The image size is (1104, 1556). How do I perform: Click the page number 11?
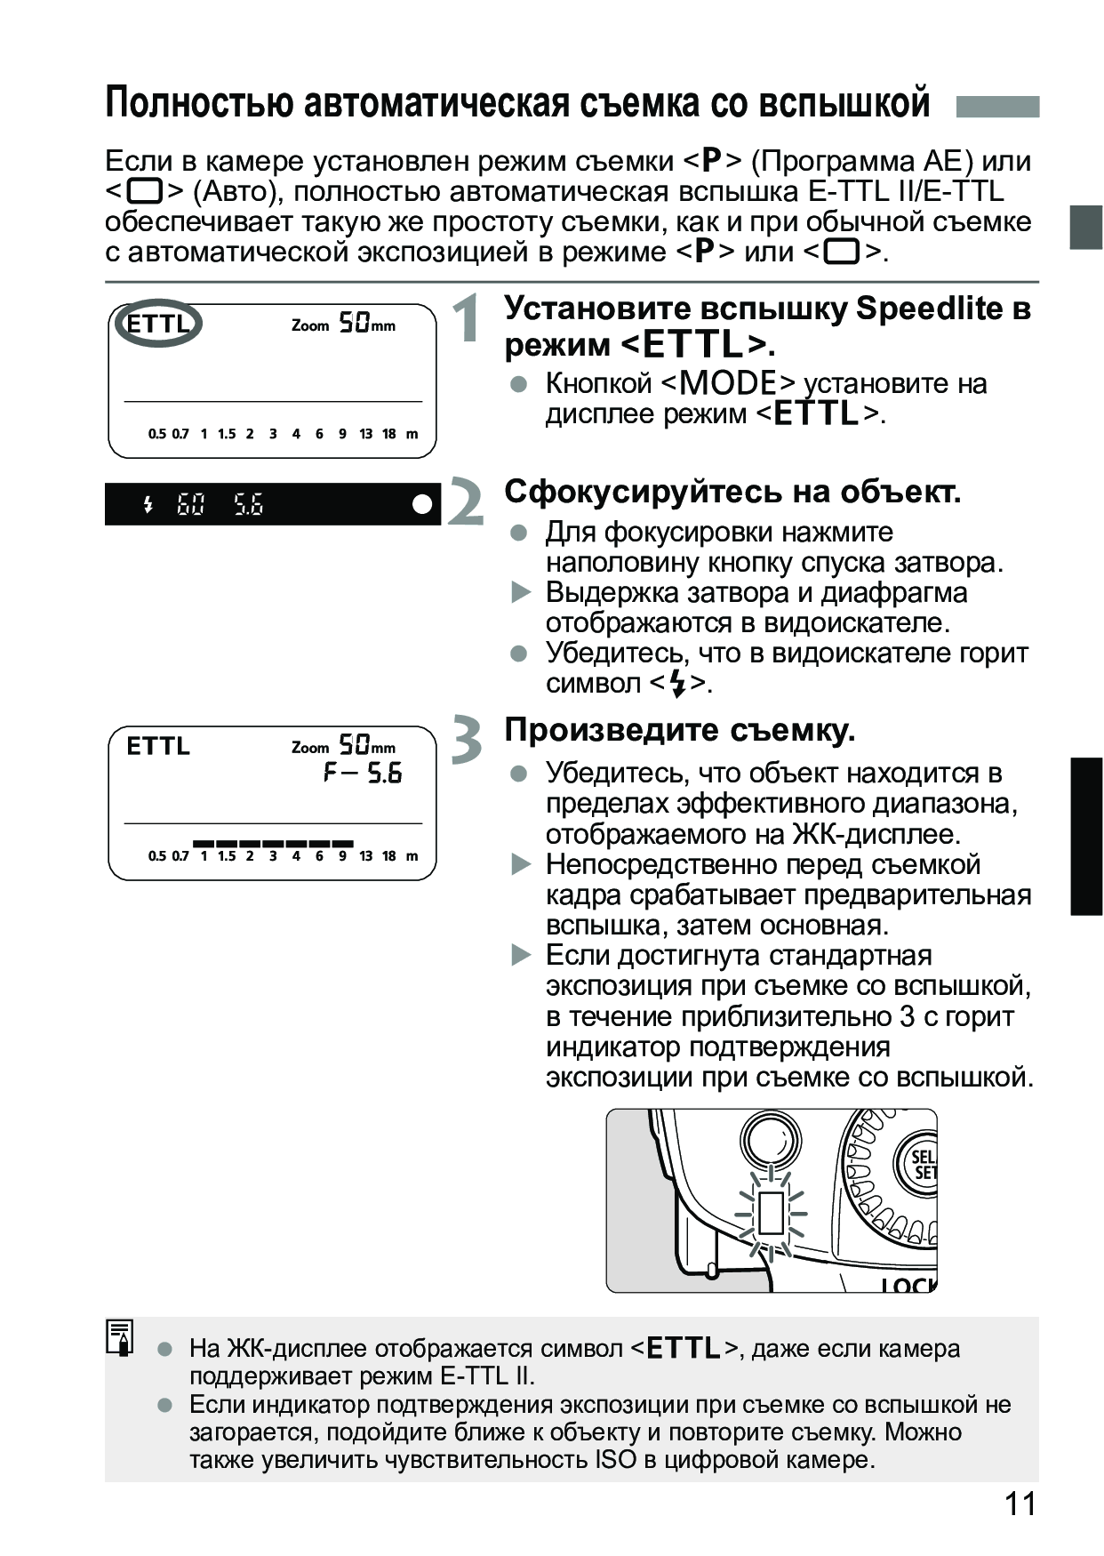tap(1020, 1504)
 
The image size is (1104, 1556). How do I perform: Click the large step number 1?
tap(467, 318)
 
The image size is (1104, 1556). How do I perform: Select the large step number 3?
tap(467, 740)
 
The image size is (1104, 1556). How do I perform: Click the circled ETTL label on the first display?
tap(158, 323)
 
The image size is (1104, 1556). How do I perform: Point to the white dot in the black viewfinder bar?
tap(422, 504)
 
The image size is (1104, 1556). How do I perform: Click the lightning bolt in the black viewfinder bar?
tap(148, 505)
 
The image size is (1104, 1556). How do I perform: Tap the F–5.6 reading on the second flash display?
tap(363, 773)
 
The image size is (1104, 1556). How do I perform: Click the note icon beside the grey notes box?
tap(120, 1337)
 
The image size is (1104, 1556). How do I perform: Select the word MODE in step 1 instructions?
tap(729, 383)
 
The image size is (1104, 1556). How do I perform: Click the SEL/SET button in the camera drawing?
tap(920, 1163)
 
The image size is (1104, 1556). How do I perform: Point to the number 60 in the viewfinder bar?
tap(190, 505)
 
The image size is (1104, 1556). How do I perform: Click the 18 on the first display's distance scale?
tap(388, 434)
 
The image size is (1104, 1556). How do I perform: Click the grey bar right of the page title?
tap(997, 107)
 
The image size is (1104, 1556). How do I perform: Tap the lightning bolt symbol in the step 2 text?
tap(678, 684)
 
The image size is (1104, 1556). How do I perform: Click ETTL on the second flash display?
tap(158, 745)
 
